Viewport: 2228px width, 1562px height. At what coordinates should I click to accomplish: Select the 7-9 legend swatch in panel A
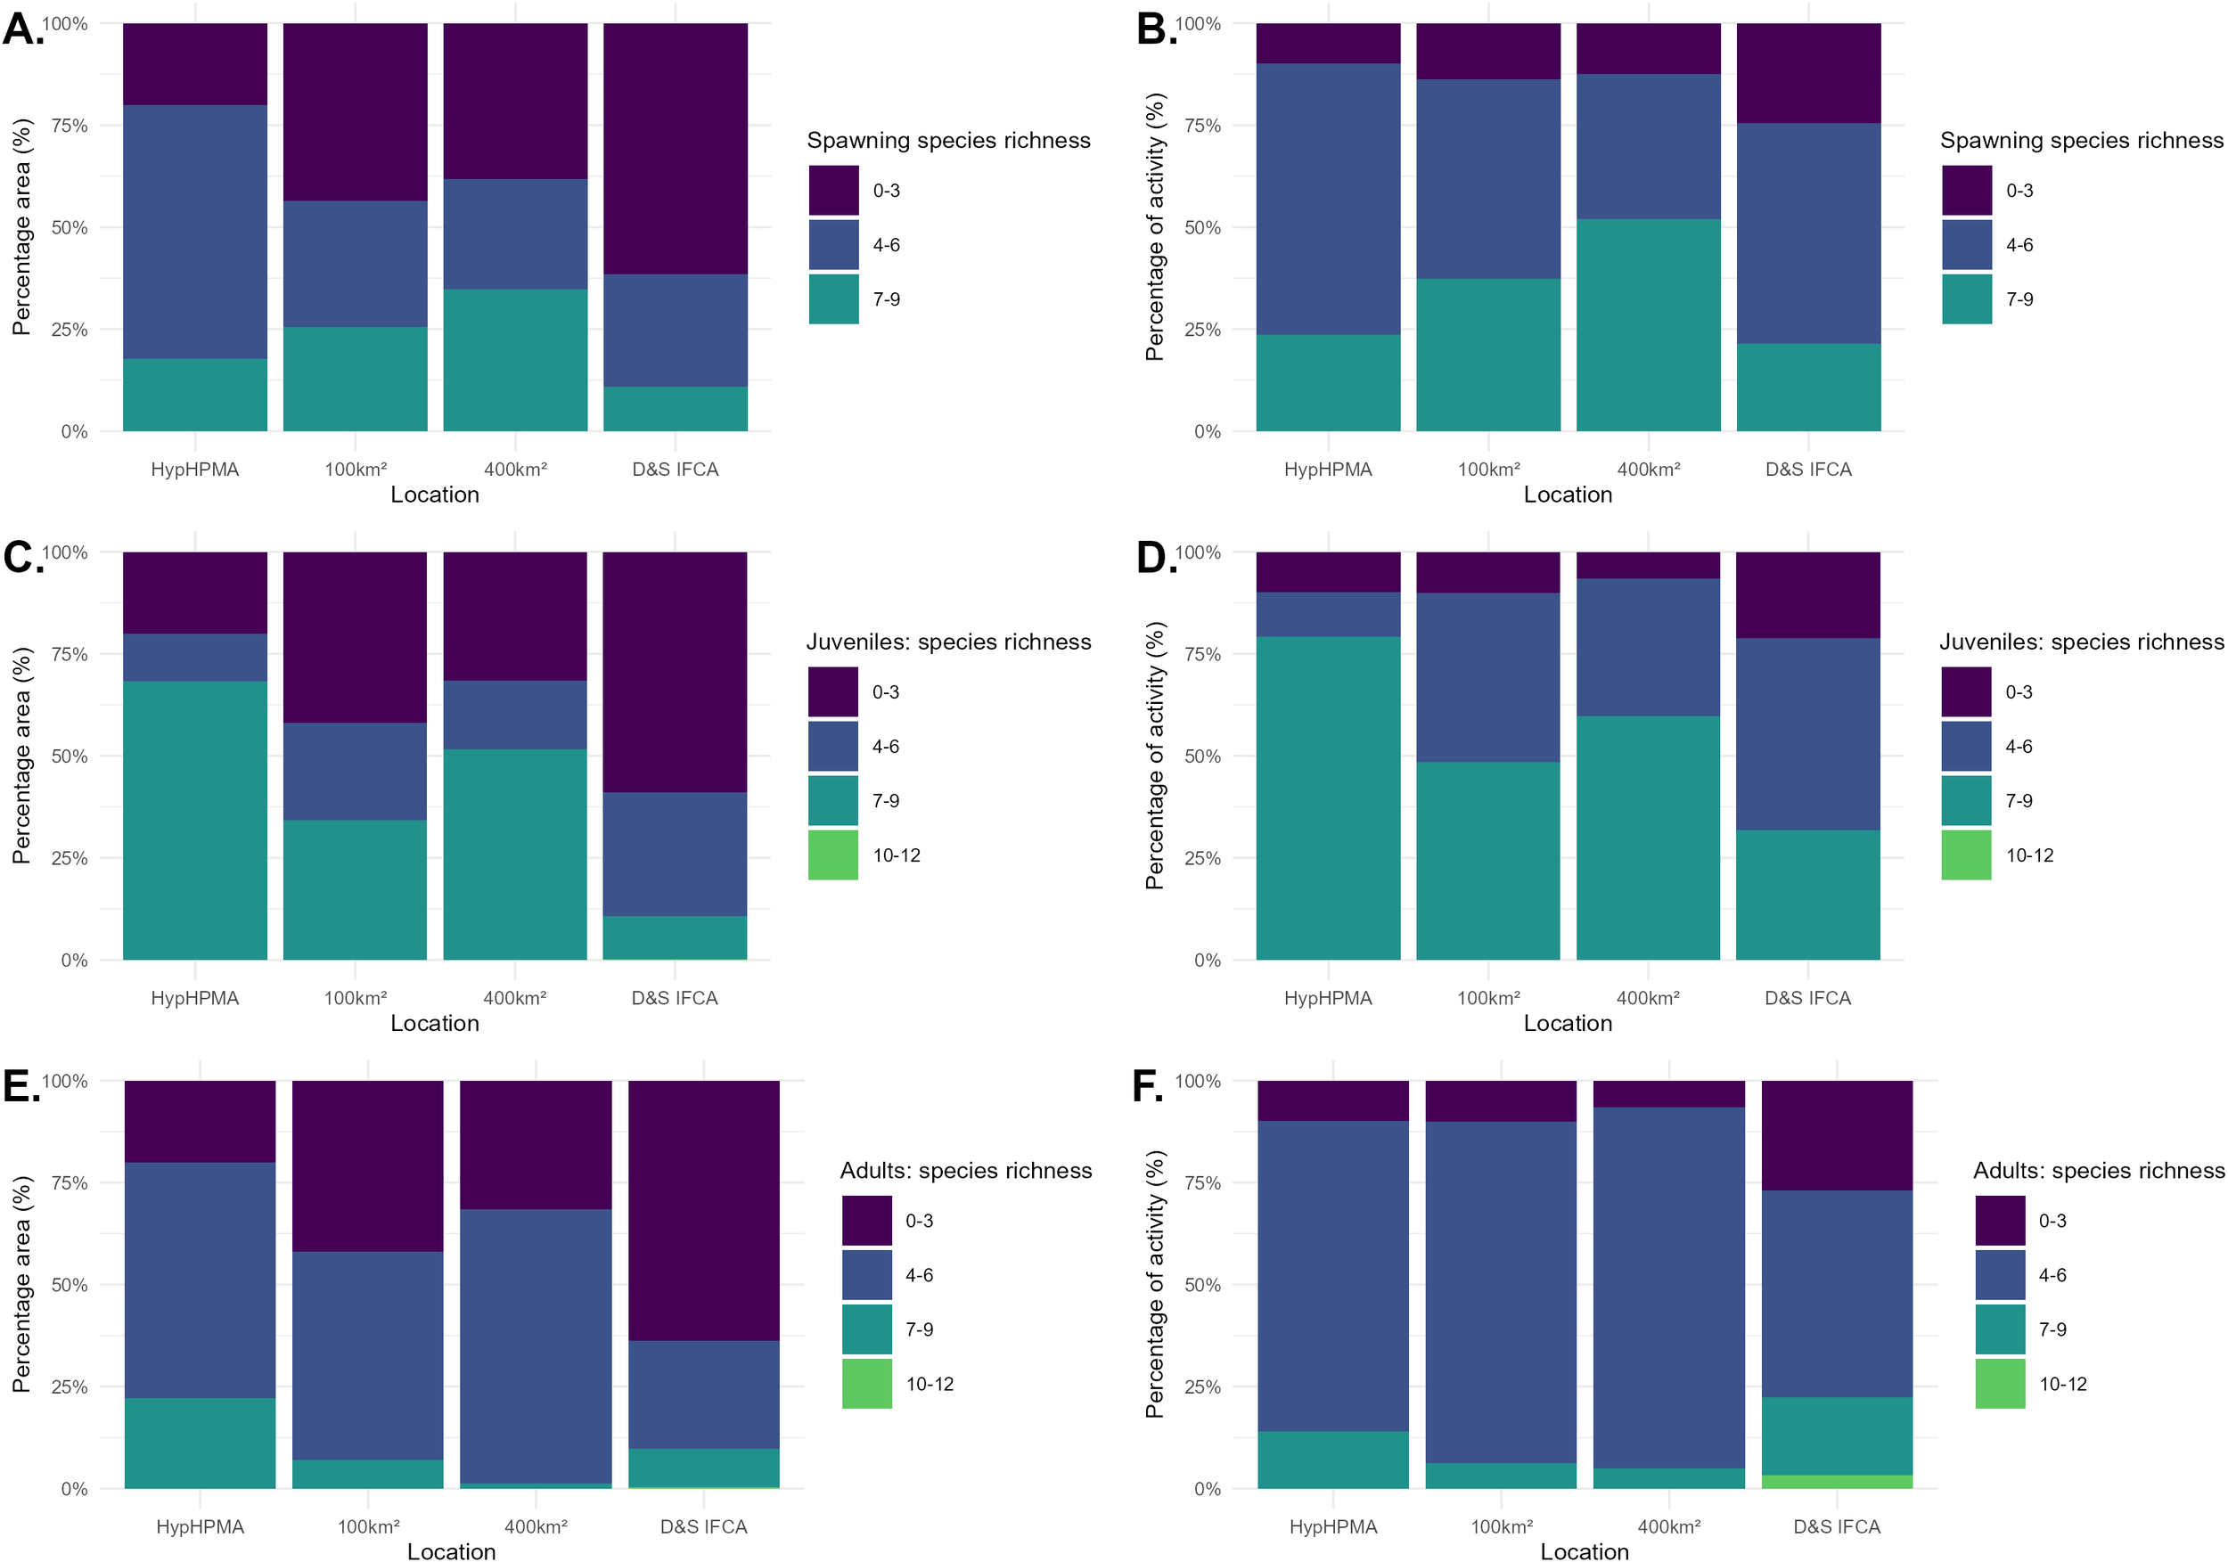coord(833,298)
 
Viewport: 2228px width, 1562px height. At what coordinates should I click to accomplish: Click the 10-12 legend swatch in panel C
coord(832,855)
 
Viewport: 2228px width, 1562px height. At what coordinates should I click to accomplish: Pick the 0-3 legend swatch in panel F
coord(2000,1221)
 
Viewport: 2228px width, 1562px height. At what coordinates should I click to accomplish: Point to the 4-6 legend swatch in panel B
coord(1967,244)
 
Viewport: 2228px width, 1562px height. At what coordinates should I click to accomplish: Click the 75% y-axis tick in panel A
coord(69,125)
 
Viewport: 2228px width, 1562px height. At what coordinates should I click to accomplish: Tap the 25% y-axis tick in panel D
coord(1202,858)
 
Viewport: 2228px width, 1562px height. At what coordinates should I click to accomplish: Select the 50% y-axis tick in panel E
coord(69,1285)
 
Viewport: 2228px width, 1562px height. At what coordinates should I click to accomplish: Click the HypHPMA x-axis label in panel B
coord(1328,470)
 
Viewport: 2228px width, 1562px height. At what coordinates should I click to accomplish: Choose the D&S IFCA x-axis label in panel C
coord(675,998)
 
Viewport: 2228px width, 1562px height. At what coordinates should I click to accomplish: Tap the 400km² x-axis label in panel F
coord(1669,1527)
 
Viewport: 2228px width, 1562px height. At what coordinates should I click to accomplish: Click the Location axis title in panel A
coord(435,495)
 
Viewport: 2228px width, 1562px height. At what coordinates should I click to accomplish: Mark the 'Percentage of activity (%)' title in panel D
coord(1154,756)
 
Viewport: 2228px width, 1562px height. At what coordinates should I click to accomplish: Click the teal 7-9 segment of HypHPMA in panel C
coord(195,820)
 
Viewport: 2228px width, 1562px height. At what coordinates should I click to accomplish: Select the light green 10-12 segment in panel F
coord(1837,1482)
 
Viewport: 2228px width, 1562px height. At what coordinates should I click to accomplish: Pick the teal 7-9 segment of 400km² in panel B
coord(1648,325)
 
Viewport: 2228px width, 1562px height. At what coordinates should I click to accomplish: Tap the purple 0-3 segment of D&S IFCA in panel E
coord(703,1210)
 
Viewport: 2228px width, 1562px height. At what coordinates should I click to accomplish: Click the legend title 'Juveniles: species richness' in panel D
coord(2082,642)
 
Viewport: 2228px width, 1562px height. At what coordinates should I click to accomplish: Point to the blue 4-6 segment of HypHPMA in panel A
coord(195,232)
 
